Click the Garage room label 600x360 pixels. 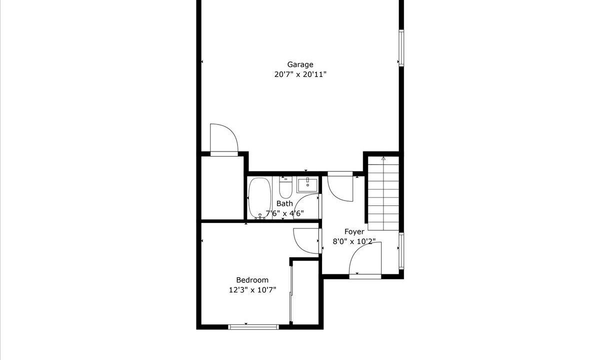300,65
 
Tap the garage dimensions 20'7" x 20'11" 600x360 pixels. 300,74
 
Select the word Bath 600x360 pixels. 284,203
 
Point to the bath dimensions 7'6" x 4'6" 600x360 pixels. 284,213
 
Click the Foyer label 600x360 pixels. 354,232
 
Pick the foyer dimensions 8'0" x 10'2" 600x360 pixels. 354,241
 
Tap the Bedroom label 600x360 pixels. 252,280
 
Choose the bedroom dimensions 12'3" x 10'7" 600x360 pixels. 252,290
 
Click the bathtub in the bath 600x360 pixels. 259,198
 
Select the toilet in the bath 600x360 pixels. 285,187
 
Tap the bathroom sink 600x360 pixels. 307,185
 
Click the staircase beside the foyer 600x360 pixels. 383,193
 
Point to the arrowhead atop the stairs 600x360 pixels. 383,158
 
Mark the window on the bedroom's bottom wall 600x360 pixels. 253,327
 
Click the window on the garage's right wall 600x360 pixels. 401,48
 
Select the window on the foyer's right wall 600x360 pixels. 401,250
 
